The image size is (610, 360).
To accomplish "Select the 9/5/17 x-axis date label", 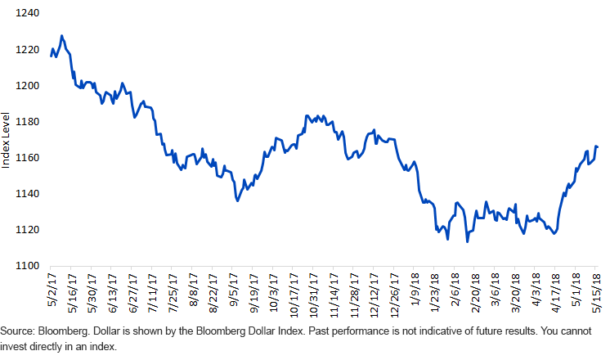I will (233, 288).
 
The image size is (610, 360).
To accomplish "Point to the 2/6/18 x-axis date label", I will (455, 288).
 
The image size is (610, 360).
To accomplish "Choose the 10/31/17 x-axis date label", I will (313, 292).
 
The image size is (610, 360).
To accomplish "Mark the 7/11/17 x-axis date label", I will (153, 290).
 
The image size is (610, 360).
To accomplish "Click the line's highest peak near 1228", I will (62, 36).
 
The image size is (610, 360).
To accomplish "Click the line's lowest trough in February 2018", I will (467, 241).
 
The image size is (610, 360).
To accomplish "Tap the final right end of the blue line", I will (597, 147).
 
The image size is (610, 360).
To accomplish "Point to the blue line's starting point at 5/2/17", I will (51, 56).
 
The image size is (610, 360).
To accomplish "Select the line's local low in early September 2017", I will (237, 200).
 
